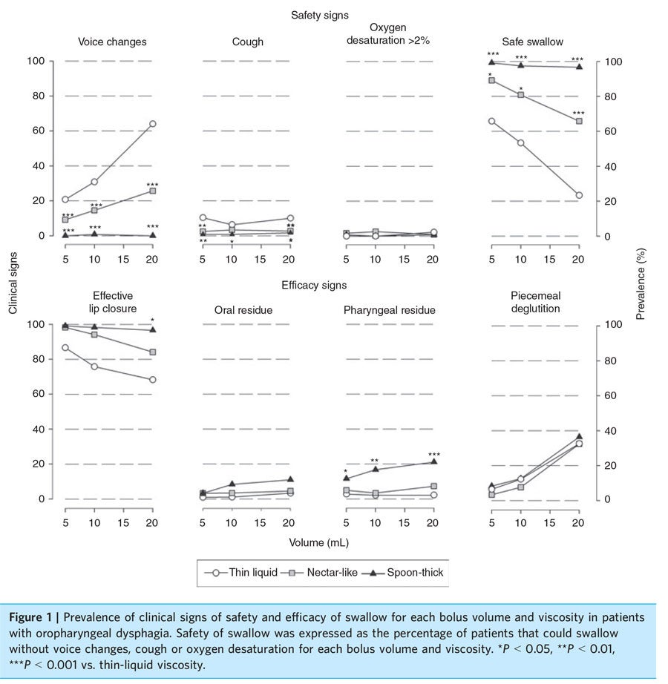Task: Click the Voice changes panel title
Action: point(112,42)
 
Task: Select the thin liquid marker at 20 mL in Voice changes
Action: point(152,124)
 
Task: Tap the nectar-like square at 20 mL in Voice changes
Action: point(152,191)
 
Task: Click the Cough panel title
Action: point(247,42)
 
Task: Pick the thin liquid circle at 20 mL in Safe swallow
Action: point(579,196)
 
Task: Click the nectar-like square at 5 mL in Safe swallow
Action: point(491,80)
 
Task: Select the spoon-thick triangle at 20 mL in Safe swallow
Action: point(579,67)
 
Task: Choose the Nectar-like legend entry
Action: point(324,572)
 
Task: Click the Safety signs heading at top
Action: point(320,15)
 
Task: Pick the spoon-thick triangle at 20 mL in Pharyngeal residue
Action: point(433,461)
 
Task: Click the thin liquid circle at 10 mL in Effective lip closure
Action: point(94,366)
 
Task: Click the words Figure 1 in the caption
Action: point(37,617)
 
